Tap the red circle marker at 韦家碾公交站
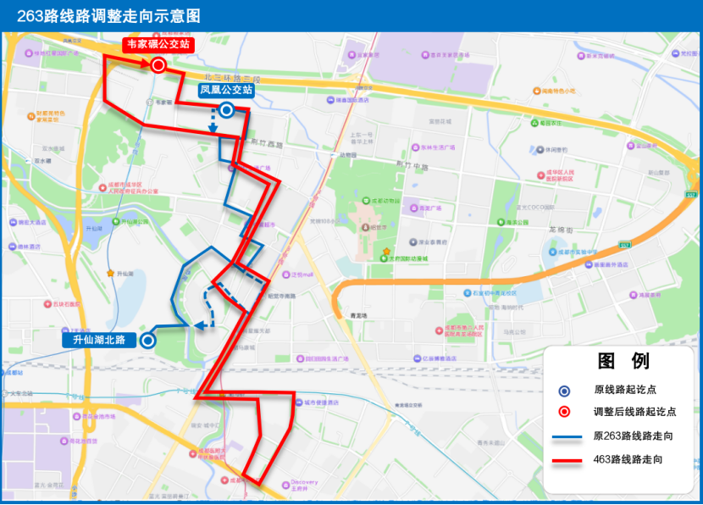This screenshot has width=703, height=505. [158, 65]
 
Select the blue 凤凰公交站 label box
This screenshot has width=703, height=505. [226, 89]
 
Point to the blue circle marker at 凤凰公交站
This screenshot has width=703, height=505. [226, 109]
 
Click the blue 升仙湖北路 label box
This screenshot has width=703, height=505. [99, 340]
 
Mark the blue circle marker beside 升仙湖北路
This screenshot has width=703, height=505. [147, 341]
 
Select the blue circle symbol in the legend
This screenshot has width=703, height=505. [564, 391]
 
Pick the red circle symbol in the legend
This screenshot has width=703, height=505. [564, 413]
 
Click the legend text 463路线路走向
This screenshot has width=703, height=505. [628, 459]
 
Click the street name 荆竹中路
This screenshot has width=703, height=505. [409, 164]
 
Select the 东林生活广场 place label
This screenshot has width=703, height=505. [437, 147]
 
